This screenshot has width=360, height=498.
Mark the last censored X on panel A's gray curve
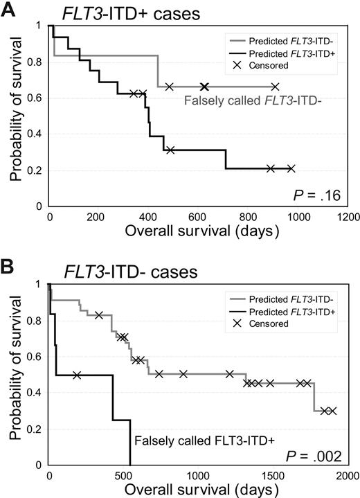point(275,87)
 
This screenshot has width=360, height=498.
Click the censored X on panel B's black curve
point(77,375)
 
